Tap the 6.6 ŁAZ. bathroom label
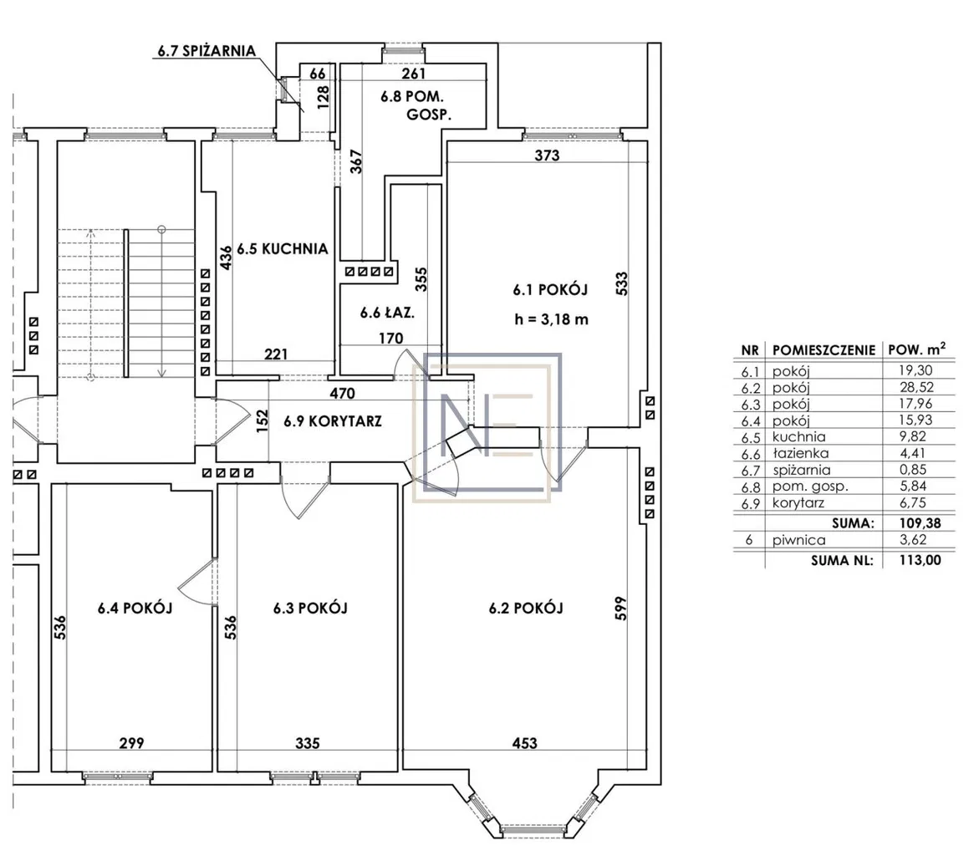(388, 313)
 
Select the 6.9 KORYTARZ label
(333, 421)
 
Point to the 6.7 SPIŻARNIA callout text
(207, 51)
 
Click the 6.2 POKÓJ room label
(526, 608)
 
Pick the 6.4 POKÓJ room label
(135, 608)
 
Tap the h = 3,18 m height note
(552, 320)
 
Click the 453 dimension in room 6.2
(525, 743)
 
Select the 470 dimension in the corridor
(342, 393)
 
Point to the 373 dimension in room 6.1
(548, 155)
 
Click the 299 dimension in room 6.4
(132, 743)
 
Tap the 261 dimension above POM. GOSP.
(414, 74)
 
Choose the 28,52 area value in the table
(916, 387)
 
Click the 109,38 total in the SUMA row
(920, 523)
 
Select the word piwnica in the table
(798, 541)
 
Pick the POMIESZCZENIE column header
(824, 350)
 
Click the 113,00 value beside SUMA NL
(920, 560)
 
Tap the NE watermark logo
(487, 427)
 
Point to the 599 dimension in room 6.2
(622, 609)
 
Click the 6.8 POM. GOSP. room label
(416, 105)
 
